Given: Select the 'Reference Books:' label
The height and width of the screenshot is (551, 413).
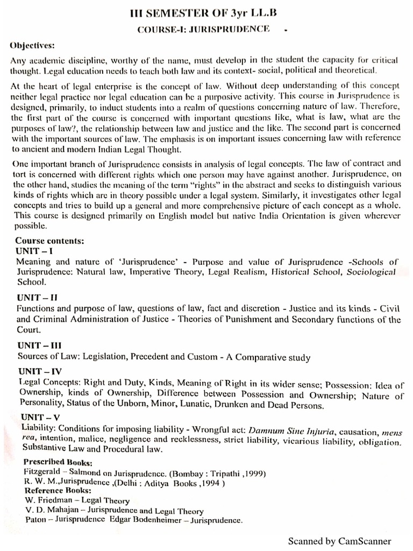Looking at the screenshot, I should [x=58, y=490].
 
